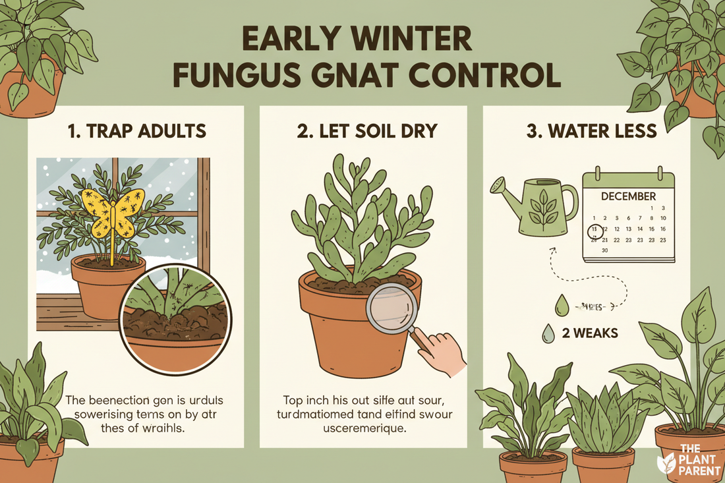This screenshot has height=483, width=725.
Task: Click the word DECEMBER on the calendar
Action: (629, 196)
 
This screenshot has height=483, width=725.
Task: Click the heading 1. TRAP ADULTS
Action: (136, 130)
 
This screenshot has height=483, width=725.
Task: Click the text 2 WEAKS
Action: (590, 333)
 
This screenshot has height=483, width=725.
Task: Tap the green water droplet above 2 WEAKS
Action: (562, 304)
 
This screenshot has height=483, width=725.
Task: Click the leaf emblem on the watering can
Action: (544, 207)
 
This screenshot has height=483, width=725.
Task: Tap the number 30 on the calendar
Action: (604, 250)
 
